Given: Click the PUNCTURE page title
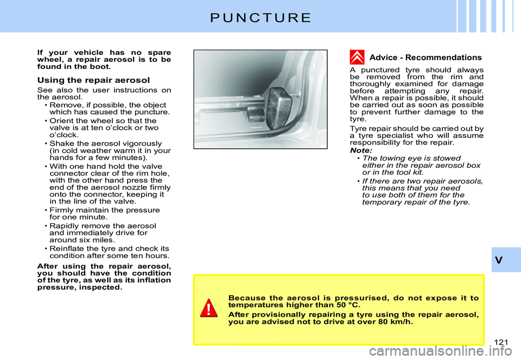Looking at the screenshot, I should [x=260, y=17].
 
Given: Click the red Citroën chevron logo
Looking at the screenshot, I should [x=357, y=57].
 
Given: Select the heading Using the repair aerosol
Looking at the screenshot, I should [x=93, y=80].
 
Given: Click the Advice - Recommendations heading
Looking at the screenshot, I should [x=425, y=58].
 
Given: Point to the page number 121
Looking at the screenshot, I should [x=501, y=340].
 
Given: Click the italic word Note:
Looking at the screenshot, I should [x=361, y=150].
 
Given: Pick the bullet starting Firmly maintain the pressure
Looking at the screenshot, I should [x=104, y=213].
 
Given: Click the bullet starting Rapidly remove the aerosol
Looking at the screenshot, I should [x=103, y=232].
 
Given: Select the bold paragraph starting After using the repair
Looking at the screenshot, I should [x=104, y=276].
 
